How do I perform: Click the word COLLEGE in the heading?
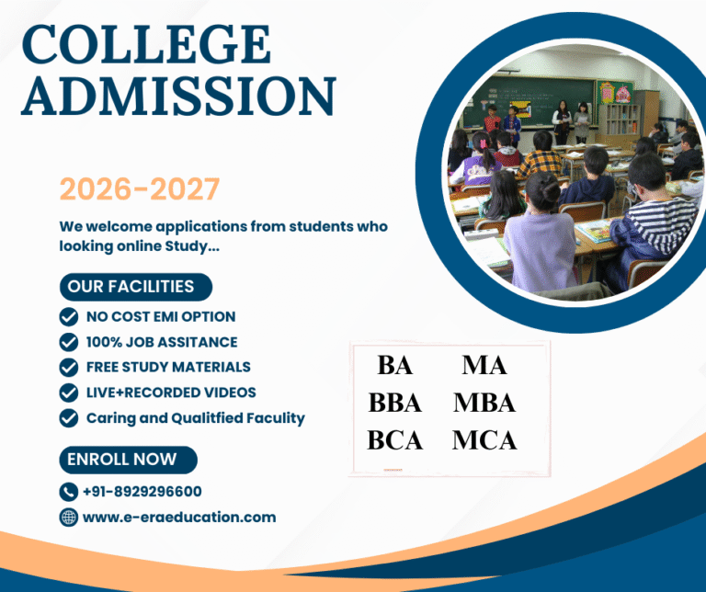tap(146, 46)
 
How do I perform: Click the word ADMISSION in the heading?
tap(178, 96)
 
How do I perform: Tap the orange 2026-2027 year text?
tap(140, 189)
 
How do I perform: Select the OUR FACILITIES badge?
tap(131, 287)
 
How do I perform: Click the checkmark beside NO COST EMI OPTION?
tap(68, 316)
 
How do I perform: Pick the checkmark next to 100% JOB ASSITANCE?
tap(68, 342)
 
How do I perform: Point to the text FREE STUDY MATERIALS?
tap(168, 367)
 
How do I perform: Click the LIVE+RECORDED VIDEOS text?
tap(171, 393)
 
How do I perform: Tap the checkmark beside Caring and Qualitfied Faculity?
tap(68, 418)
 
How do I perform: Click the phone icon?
tap(68, 492)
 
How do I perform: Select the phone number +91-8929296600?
tap(142, 492)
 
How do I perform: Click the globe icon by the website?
tap(68, 518)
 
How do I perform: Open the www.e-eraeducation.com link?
tap(179, 518)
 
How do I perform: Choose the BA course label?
tap(394, 365)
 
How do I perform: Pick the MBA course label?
tap(484, 403)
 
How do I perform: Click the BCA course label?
tap(395, 440)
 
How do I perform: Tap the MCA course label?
tap(484, 440)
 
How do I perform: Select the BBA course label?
tap(395, 403)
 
